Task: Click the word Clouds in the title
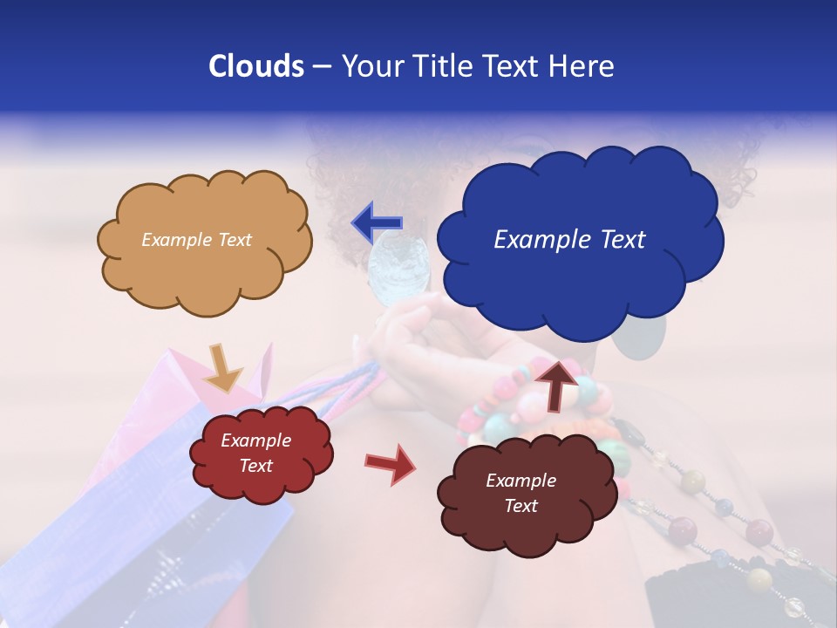pyautogui.click(x=255, y=66)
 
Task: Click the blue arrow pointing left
pyautogui.click(x=377, y=222)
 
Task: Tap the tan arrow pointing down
pyautogui.click(x=223, y=367)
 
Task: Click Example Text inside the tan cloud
pyautogui.click(x=196, y=240)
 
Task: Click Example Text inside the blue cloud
pyautogui.click(x=569, y=240)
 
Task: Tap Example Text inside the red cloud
pyautogui.click(x=256, y=454)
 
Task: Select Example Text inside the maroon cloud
pyautogui.click(x=521, y=493)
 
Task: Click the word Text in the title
pyautogui.click(x=513, y=66)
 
